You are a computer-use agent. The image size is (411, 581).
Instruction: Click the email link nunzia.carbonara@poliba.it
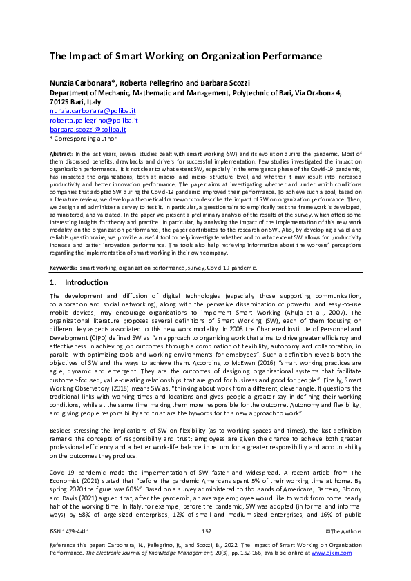click(93, 110)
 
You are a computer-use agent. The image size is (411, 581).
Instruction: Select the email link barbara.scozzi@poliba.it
click(87, 129)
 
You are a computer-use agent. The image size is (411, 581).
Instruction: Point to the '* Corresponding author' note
click(80, 138)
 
